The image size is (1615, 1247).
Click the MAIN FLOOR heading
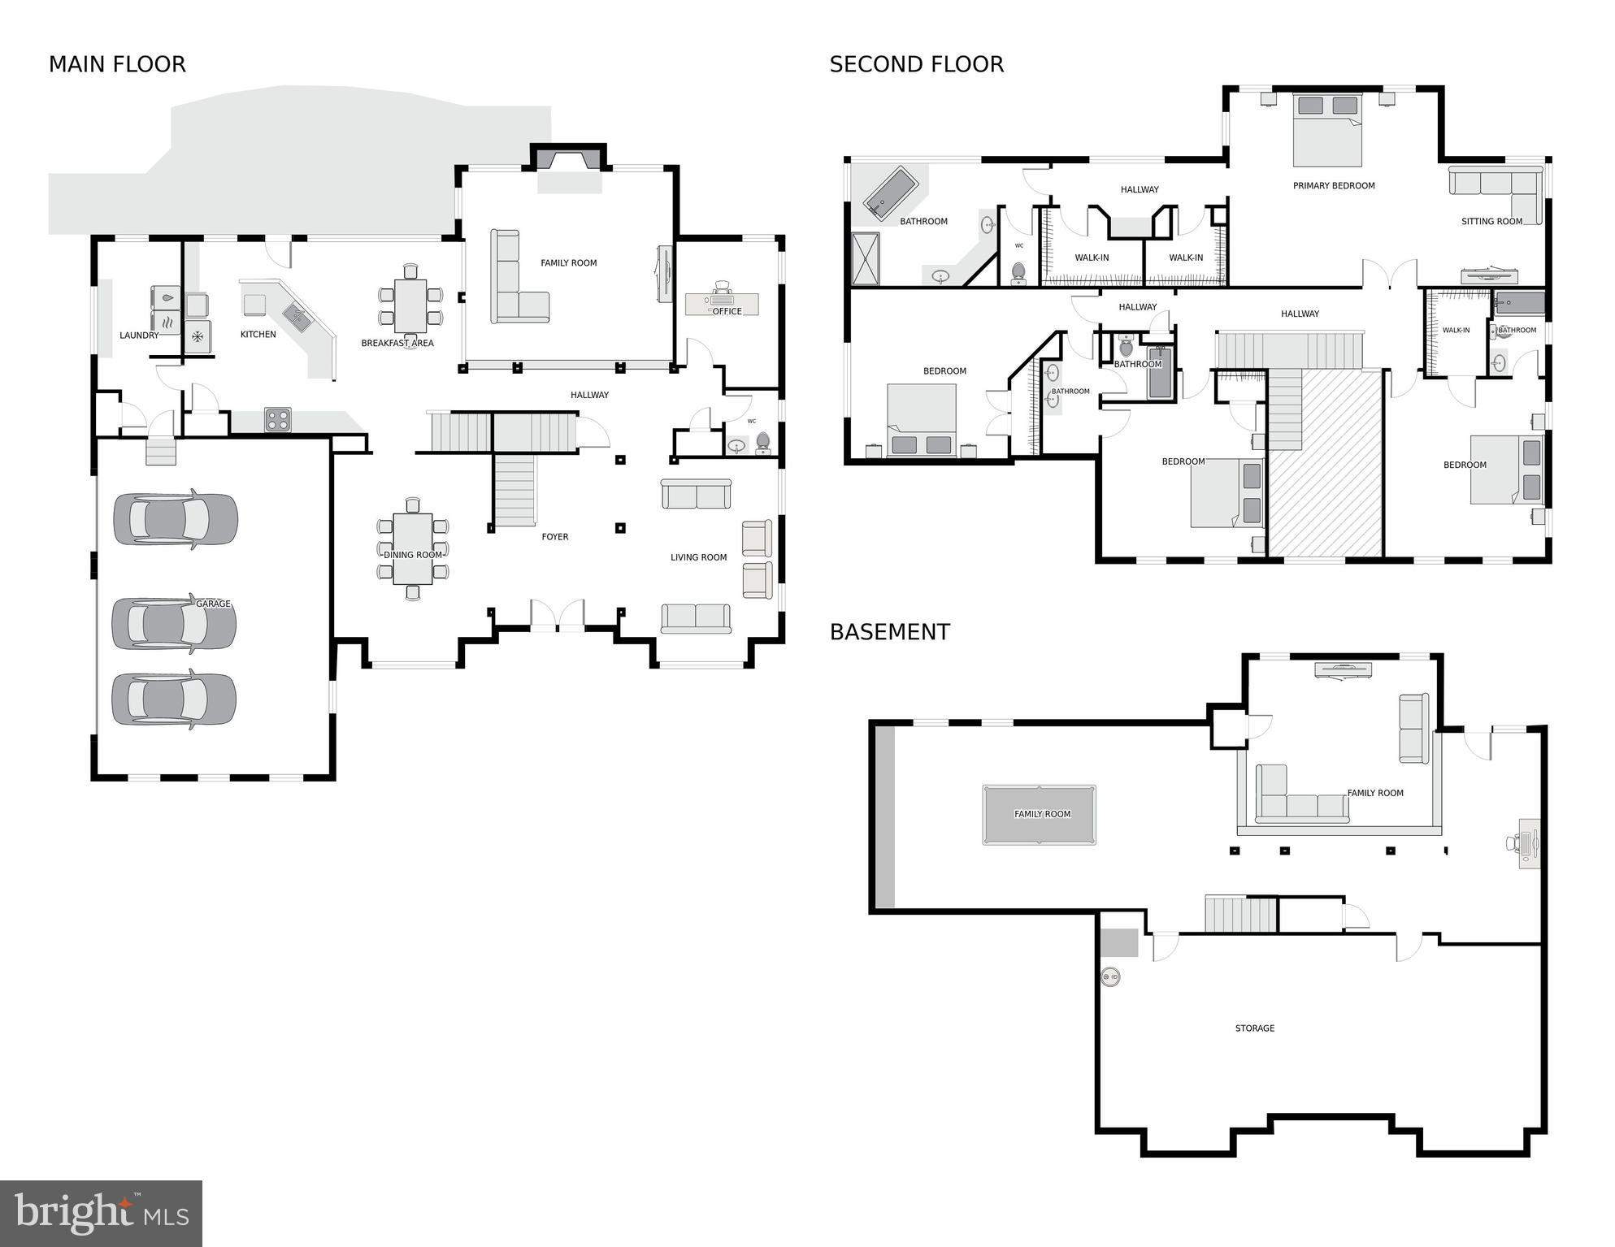(117, 64)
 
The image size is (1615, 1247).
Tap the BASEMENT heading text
(889, 632)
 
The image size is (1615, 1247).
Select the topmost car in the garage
(175, 519)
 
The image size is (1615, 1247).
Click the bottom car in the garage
(173, 699)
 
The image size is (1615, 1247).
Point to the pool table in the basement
(1039, 815)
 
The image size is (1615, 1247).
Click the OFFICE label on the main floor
(727, 311)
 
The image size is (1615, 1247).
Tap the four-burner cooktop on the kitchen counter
(277, 420)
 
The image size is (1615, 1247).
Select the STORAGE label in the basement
(1254, 1028)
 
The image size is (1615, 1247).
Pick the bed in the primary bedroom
(1326, 130)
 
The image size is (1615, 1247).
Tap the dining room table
(413, 548)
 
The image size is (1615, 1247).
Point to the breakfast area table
(410, 305)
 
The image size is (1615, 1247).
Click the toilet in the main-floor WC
(762, 443)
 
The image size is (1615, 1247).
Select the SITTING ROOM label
(1491, 221)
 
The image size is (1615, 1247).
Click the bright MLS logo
(101, 1213)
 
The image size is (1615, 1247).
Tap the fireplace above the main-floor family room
(569, 160)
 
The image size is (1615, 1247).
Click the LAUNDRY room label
(139, 335)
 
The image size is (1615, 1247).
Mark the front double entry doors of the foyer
(558, 616)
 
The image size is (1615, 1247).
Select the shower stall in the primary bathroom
(865, 258)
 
